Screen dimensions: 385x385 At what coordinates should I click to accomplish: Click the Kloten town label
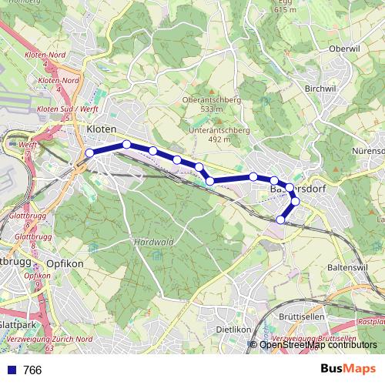coord(102,129)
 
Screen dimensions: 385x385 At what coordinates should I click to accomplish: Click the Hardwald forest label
coord(153,240)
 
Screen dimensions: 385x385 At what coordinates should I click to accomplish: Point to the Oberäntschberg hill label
coord(212,100)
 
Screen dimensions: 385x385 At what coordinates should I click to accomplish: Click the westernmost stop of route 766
coord(90,153)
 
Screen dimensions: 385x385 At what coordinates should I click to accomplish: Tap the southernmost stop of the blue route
coord(280,220)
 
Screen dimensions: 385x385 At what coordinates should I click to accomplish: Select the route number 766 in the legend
coord(32,370)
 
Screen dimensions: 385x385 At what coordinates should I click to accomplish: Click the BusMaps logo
coord(348,370)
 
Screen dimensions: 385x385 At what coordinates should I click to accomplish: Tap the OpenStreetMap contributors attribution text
coord(318,345)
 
